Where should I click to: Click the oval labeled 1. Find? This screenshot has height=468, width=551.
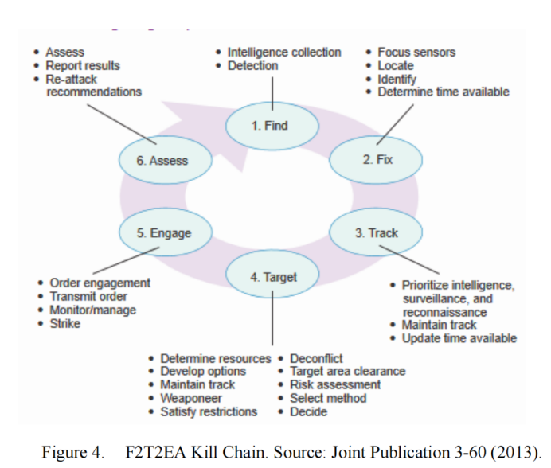[272, 126]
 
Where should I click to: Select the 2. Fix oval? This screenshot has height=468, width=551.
[376, 160]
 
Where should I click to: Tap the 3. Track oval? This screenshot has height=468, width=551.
[376, 232]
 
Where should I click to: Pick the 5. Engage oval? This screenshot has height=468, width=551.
[166, 232]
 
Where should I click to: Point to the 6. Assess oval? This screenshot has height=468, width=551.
[166, 160]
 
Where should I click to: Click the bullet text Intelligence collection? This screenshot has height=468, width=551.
[284, 53]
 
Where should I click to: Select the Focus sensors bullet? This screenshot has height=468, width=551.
[416, 53]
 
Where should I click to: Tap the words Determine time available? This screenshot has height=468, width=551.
[444, 92]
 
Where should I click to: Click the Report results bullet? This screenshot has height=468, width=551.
[83, 66]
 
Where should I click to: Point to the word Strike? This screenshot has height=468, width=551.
[65, 324]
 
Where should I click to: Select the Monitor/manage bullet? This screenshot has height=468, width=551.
[93, 310]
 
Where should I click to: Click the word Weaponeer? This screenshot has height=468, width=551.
[191, 399]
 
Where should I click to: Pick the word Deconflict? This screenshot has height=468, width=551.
[316, 359]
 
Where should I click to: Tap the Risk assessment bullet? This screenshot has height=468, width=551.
[335, 384]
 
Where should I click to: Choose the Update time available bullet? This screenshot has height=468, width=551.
[459, 339]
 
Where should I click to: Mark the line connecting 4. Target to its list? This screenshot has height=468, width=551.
[272, 318]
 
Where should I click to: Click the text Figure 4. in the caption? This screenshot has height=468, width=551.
[72, 452]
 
